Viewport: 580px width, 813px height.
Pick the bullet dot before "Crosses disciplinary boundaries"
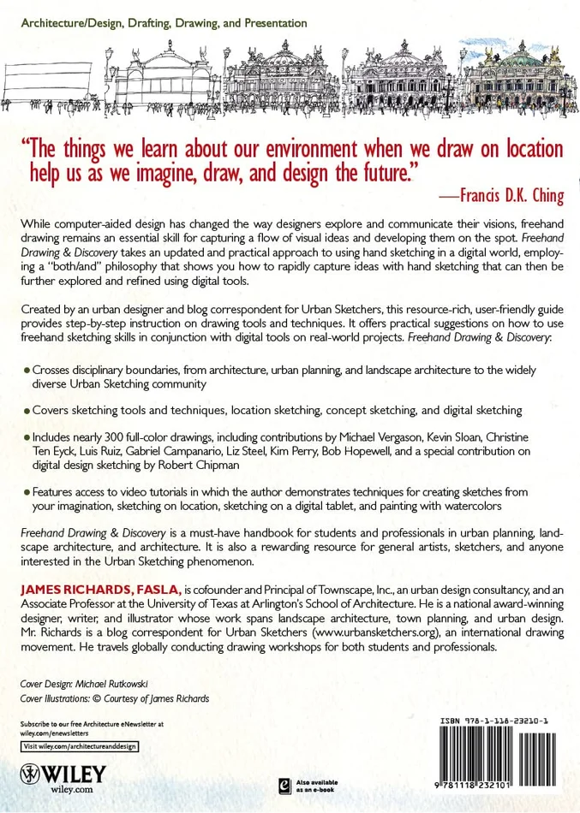(27, 370)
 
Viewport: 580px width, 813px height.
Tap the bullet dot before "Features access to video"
(27, 493)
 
